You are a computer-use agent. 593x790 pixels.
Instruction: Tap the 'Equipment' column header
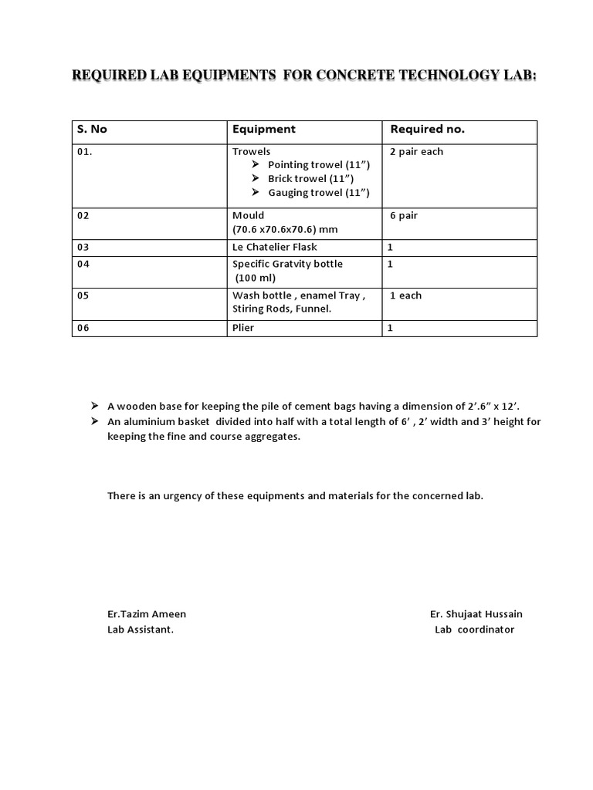pos(264,130)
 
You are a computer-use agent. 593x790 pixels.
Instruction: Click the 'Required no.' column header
pos(427,130)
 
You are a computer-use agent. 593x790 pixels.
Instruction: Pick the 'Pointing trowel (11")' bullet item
pos(319,165)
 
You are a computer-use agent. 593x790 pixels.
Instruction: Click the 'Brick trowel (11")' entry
pos(311,179)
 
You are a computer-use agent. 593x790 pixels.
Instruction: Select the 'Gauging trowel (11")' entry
pos(319,193)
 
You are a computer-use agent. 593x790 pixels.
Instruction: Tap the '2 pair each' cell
pos(416,152)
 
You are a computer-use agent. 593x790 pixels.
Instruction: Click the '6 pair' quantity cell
pos(404,216)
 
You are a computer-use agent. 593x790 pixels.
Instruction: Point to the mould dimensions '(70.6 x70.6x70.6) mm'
pos(285,230)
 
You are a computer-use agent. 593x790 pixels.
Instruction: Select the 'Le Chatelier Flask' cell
pos(275,248)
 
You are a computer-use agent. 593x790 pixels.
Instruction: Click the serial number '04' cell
pos(83,264)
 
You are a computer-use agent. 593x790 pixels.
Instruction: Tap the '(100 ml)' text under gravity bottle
pos(256,278)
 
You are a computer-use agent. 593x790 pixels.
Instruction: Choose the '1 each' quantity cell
pos(405,295)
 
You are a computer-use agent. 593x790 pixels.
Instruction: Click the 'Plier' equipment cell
pos(243,328)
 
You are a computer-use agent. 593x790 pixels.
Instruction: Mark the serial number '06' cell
pos(83,328)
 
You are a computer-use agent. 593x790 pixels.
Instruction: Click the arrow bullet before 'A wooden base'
pos(94,405)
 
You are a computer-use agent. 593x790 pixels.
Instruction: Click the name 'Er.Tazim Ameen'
pos(147,614)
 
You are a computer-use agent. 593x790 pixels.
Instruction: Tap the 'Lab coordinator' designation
pos(474,630)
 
